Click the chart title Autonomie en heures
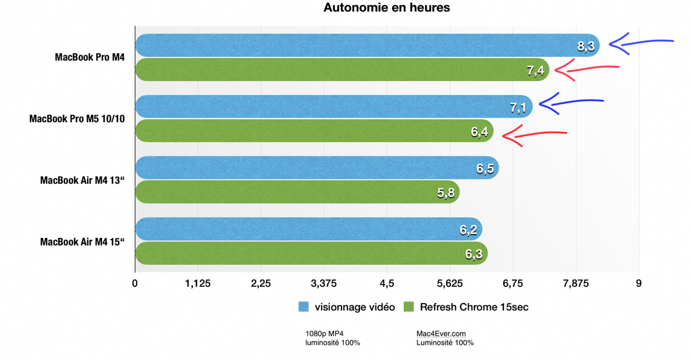click(386, 8)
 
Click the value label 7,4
click(535, 71)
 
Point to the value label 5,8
click(446, 193)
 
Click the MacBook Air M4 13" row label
click(83, 180)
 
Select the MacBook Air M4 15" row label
click(83, 242)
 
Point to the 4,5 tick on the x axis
click(387, 283)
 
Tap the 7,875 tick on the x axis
click(576, 283)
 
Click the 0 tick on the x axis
click(135, 283)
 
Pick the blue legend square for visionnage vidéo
click(304, 307)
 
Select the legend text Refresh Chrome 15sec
click(474, 307)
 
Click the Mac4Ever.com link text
click(441, 334)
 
